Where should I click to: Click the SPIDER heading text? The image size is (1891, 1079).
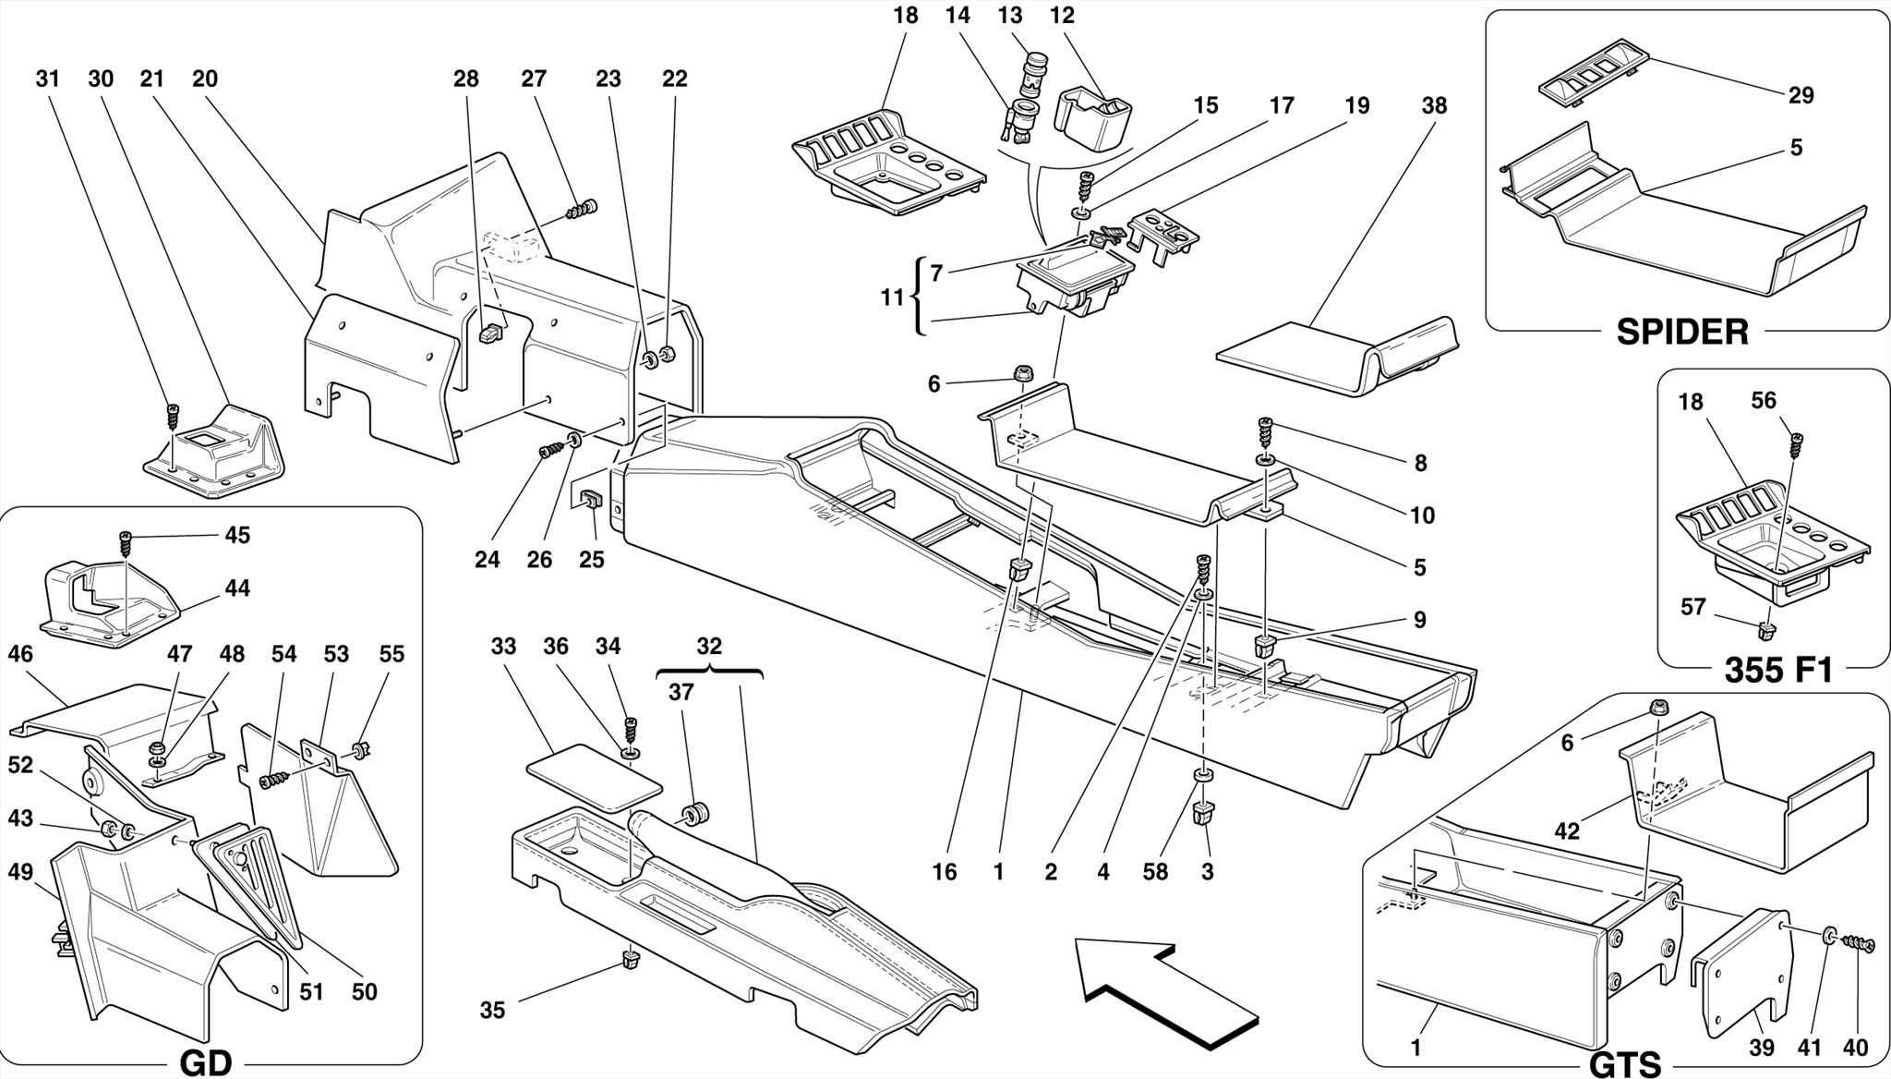click(x=1681, y=332)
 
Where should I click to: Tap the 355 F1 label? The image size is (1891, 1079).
click(x=1778, y=669)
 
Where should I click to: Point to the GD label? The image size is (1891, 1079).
click(x=205, y=1063)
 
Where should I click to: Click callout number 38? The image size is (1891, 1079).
click(x=1433, y=105)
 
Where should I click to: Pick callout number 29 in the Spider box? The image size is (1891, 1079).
click(x=1801, y=95)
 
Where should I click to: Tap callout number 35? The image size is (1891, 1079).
click(x=492, y=1010)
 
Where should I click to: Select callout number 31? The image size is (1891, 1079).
click(x=47, y=79)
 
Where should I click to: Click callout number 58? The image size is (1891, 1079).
click(x=1155, y=871)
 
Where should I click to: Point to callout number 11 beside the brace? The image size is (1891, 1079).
click(x=891, y=297)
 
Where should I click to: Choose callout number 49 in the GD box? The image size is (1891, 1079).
click(x=20, y=871)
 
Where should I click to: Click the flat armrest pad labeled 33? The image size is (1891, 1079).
click(x=594, y=776)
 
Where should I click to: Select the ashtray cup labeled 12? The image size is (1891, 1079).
click(x=1093, y=118)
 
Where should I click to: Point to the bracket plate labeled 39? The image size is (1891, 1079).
click(x=1740, y=970)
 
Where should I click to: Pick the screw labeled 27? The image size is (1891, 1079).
click(x=582, y=211)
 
